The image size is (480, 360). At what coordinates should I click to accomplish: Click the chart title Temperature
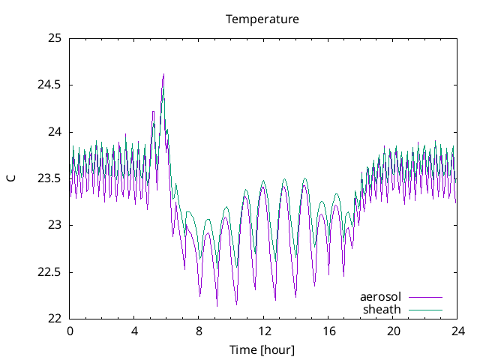click(x=262, y=19)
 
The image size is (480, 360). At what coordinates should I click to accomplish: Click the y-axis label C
click(x=11, y=178)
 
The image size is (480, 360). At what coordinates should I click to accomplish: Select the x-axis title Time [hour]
click(x=262, y=349)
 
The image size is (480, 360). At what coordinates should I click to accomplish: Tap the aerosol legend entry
click(x=381, y=297)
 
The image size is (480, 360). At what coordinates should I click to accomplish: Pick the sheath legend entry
click(x=382, y=309)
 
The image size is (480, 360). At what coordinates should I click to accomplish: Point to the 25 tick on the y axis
click(x=53, y=38)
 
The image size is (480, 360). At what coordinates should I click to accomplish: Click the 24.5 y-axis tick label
click(x=49, y=85)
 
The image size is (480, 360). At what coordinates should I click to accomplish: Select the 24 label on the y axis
click(x=53, y=132)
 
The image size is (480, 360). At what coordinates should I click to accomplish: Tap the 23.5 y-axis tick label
click(x=49, y=178)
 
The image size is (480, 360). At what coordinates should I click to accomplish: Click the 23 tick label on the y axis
click(x=53, y=225)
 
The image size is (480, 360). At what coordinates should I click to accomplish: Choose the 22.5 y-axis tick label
click(x=49, y=271)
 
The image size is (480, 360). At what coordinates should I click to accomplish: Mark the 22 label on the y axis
click(x=53, y=318)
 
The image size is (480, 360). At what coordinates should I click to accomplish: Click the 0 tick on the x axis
click(x=70, y=331)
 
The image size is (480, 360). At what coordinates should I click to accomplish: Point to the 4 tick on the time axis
click(x=134, y=331)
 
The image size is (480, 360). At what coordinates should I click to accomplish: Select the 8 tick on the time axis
click(x=199, y=331)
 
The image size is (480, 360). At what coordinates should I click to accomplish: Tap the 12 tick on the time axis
click(x=264, y=331)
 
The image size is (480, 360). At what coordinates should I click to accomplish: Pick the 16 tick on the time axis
click(x=328, y=331)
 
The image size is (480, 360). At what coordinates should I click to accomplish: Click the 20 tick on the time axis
click(x=394, y=331)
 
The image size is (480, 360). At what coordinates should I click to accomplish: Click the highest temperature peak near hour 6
click(x=163, y=74)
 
